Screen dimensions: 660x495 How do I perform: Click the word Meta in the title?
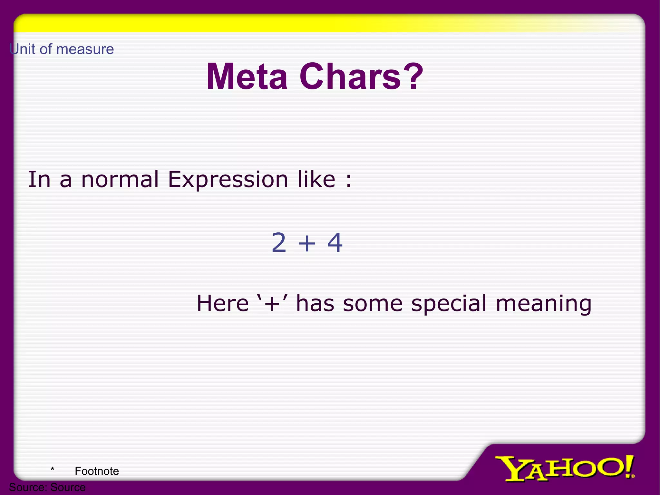click(247, 76)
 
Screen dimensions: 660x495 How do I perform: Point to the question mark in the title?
click(413, 76)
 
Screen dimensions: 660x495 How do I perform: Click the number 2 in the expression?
click(279, 242)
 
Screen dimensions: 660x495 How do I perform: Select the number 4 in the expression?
click(335, 242)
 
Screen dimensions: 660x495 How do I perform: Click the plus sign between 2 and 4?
click(307, 243)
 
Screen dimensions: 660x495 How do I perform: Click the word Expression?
click(228, 180)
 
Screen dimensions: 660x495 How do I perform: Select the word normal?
click(120, 179)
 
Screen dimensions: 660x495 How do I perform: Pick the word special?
click(449, 304)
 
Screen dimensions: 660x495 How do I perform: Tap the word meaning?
click(544, 304)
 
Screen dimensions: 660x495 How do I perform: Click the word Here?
click(223, 303)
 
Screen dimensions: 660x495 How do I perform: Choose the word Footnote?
click(97, 471)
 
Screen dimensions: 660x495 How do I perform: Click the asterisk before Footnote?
click(52, 469)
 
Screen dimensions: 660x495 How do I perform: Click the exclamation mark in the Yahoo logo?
click(629, 466)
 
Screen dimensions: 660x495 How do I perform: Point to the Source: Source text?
click(47, 487)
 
